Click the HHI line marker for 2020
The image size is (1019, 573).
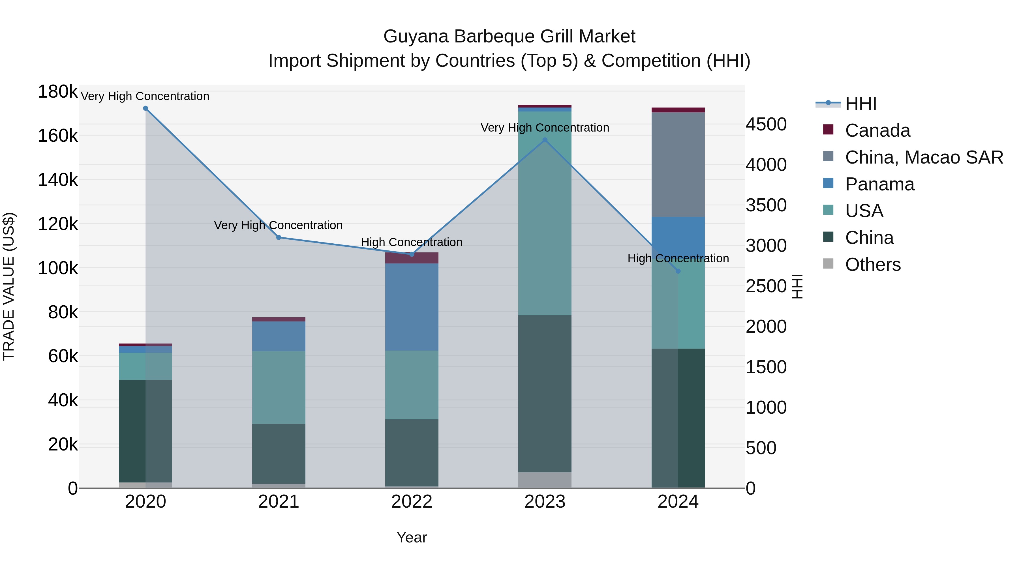145,108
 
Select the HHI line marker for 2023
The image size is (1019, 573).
545,140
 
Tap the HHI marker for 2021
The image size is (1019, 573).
279,238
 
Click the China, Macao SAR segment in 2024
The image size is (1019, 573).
678,164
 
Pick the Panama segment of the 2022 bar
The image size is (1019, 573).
412,306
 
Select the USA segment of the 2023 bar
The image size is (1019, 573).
545,214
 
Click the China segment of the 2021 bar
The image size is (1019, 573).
279,454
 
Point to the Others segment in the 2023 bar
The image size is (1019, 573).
545,480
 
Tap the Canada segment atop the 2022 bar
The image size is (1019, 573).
412,258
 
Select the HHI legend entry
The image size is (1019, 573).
860,104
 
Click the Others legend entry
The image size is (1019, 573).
872,265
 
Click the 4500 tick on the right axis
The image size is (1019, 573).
766,124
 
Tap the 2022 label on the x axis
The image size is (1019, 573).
412,502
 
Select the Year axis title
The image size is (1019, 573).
412,537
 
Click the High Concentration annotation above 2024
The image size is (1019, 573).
678,258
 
